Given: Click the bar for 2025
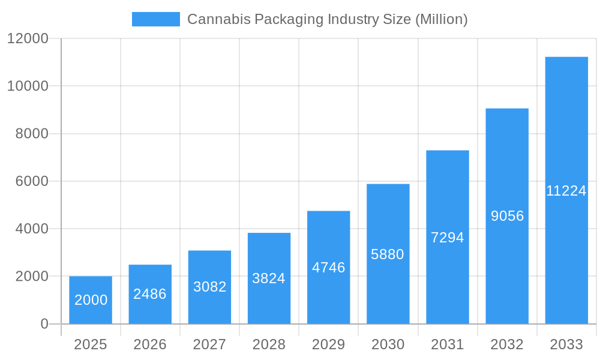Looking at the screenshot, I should tap(91, 300).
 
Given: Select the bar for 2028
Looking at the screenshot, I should tap(269, 278).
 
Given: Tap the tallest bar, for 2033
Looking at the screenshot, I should tap(566, 190).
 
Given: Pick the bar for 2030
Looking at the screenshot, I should tap(388, 254).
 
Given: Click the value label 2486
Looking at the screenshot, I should tap(150, 294).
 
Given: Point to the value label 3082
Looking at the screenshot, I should tap(209, 287).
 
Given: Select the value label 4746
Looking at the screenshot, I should tap(328, 268).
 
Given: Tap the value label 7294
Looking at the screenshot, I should tap(448, 238).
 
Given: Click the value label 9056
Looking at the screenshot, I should tap(507, 216).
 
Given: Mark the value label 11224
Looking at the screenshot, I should tap(566, 191).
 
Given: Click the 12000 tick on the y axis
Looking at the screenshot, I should tap(28, 38).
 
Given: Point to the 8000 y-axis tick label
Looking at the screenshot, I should tap(31, 134).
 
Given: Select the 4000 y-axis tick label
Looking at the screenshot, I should tap(31, 229).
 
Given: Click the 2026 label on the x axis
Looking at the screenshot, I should tap(150, 344).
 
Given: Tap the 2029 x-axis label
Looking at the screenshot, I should tap(328, 344).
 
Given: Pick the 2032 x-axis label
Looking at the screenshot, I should tap(507, 344).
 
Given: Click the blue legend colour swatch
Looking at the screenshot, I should tap(156, 19).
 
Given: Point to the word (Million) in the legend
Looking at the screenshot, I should tap(441, 19).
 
